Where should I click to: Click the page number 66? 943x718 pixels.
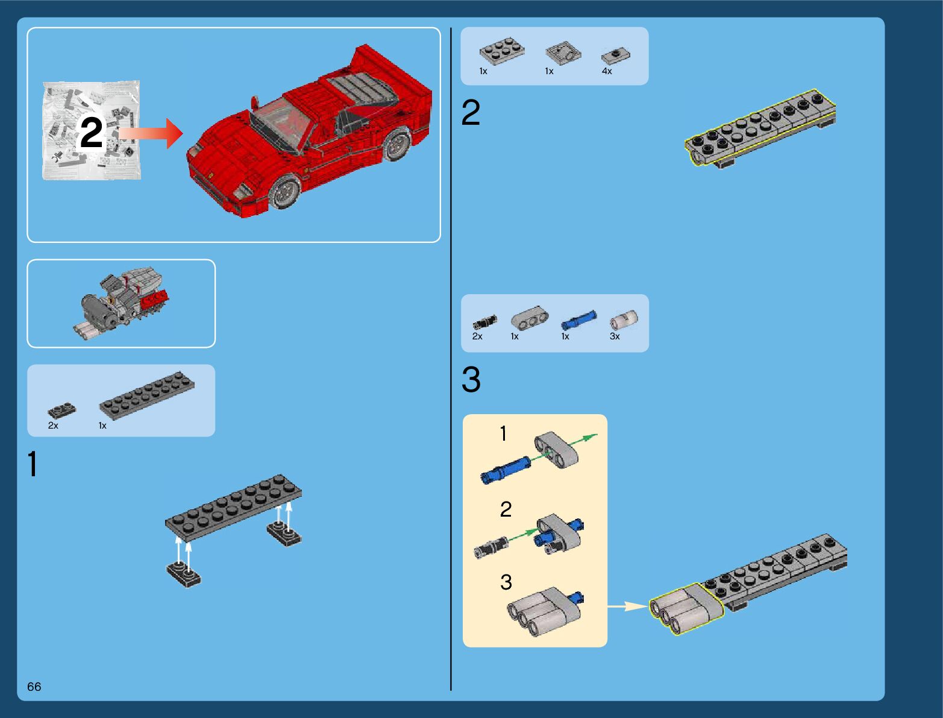pyautogui.click(x=34, y=687)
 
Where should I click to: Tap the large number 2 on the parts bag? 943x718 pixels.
pyautogui.click(x=92, y=133)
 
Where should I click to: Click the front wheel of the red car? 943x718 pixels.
pyautogui.click(x=285, y=191)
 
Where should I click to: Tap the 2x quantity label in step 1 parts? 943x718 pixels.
pyautogui.click(x=53, y=426)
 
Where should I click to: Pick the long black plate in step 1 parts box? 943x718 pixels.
pyautogui.click(x=146, y=395)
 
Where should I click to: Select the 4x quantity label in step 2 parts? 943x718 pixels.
pyautogui.click(x=607, y=71)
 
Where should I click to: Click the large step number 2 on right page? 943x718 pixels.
pyautogui.click(x=471, y=113)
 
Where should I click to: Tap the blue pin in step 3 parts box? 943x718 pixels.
pyautogui.click(x=579, y=319)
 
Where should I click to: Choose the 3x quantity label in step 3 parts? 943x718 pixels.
pyautogui.click(x=615, y=336)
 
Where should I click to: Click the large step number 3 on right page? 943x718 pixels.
pyautogui.click(x=471, y=380)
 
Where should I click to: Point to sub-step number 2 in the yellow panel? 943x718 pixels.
pyautogui.click(x=506, y=509)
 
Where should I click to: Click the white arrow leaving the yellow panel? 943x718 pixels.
pyautogui.click(x=627, y=606)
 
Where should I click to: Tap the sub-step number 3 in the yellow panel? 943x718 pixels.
pyautogui.click(x=506, y=582)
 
